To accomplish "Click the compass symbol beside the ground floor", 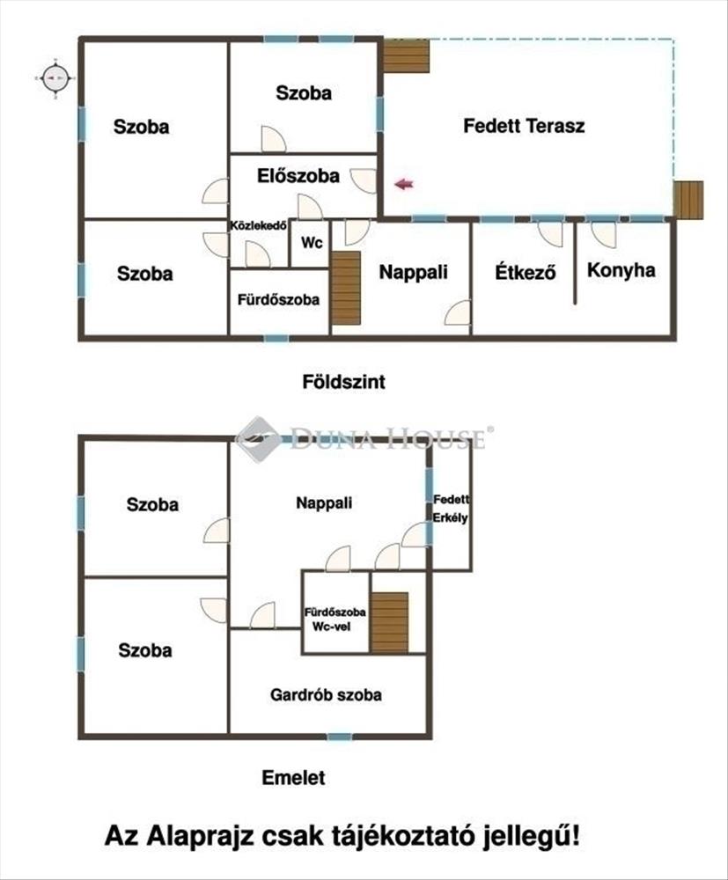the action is coord(56,78).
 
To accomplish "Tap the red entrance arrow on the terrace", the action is coord(404,184).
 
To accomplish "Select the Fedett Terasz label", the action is coord(524,125).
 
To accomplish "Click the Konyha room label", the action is coord(621,270).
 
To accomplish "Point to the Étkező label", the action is coord(526,272).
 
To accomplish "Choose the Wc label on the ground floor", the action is coord(312,243).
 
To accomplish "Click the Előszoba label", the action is coord(298,176).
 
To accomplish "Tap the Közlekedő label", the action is coord(260,225).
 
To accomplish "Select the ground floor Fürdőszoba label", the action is coord(278,300).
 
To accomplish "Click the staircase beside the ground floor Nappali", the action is coord(346,288).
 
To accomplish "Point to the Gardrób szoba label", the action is coord(326,695).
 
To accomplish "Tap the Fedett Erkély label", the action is coord(451,508).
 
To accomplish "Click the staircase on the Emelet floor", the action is coord(390,622).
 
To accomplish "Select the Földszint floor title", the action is coord(343,382).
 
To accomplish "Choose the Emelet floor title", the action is coord(293,777).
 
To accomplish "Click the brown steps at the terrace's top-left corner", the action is coord(407,55).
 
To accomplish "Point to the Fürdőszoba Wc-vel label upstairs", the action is coord(335,619).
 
